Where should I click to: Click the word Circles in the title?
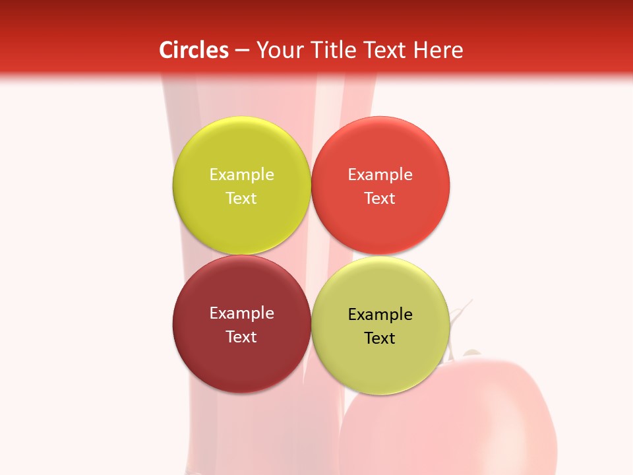[194, 50]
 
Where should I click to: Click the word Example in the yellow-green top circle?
[241, 174]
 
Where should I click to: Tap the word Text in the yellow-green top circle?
[241, 198]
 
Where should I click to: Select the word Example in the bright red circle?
[380, 174]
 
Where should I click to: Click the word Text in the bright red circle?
[380, 198]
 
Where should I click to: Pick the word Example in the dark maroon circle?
[241, 313]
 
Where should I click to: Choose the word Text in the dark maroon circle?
[241, 336]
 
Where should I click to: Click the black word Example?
[380, 314]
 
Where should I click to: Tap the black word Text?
[380, 338]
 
